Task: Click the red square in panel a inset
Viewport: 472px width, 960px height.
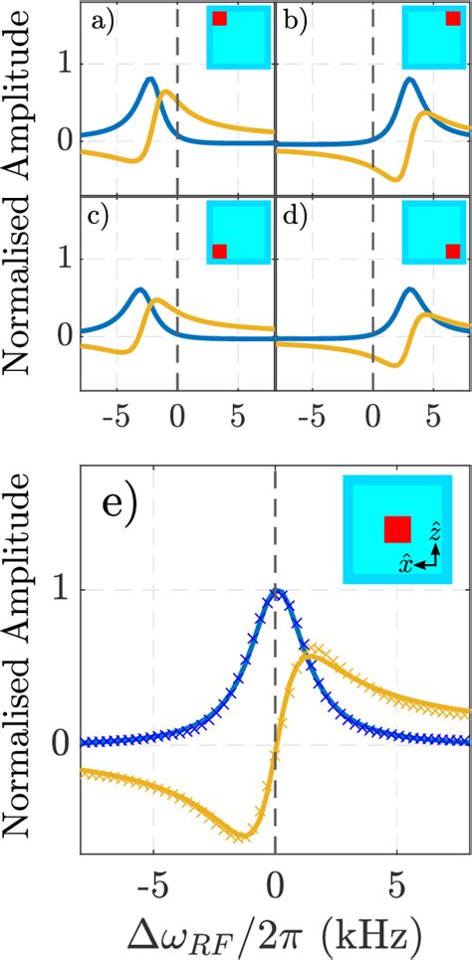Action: [x=220, y=19]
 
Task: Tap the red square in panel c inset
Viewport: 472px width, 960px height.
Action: [x=220, y=251]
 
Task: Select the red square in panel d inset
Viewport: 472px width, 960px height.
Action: [x=453, y=251]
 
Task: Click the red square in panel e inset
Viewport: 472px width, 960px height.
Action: [x=397, y=529]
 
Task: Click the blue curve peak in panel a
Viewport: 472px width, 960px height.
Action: [x=150, y=80]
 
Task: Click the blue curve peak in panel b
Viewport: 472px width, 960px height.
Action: [x=410, y=80]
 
